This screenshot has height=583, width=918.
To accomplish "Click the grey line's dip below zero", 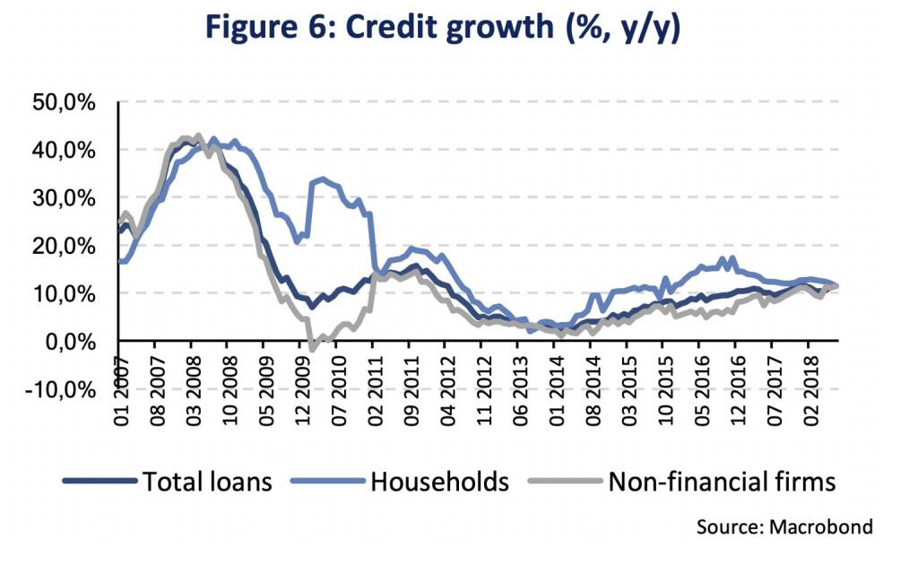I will (310, 348).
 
